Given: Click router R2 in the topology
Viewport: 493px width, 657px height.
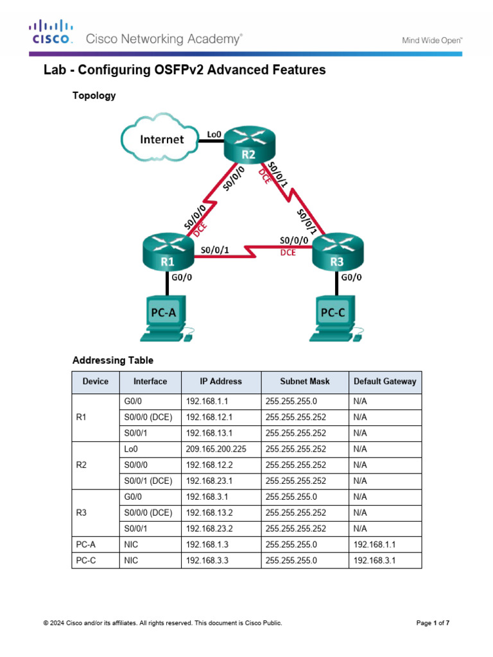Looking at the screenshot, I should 248,145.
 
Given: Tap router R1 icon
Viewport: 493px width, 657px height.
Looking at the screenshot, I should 168,252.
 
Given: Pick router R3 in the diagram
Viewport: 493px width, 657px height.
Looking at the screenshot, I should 337,252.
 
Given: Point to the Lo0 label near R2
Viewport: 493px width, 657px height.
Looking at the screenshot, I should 214,134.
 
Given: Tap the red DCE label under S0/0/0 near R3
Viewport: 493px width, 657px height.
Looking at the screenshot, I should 288,253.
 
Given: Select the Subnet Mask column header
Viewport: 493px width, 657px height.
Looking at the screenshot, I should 304,381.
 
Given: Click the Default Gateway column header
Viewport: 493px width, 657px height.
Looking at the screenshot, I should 385,381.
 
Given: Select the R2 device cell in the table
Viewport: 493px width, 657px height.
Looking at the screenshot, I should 81,465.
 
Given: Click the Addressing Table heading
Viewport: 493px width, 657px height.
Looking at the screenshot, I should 113,360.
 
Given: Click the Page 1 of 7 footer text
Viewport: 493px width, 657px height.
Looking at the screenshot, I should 433,623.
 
